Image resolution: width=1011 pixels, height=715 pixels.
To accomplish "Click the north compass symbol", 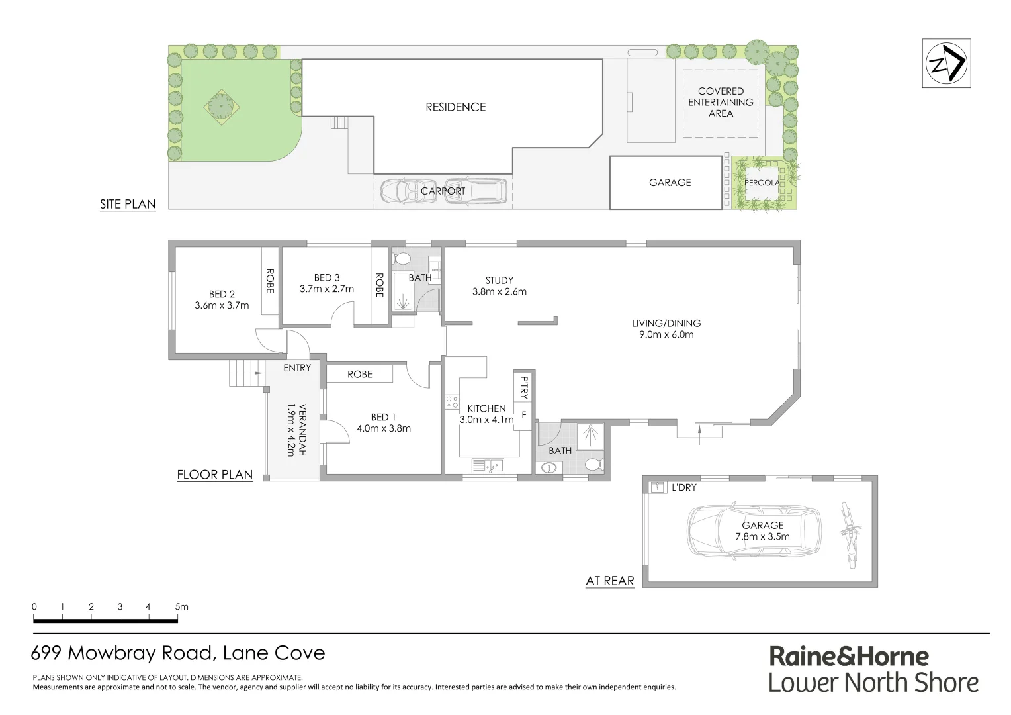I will click(946, 64).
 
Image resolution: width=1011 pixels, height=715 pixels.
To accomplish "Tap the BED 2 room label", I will click(222, 294).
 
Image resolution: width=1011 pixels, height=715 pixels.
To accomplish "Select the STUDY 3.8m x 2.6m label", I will click(499, 286).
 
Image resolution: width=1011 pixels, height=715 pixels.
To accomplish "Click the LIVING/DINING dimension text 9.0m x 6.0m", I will click(666, 335).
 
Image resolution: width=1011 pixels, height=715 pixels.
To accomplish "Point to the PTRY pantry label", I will click(524, 387).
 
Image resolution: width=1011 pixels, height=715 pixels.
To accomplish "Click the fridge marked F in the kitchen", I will click(523, 416).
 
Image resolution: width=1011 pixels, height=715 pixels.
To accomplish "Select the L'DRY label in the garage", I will click(683, 487).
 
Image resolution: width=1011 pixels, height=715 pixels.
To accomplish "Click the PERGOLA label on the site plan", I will click(762, 183).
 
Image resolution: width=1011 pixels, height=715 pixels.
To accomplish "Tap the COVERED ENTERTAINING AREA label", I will click(721, 102).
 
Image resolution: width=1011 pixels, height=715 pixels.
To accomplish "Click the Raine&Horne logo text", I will click(849, 657).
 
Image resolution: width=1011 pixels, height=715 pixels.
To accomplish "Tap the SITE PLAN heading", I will click(128, 204).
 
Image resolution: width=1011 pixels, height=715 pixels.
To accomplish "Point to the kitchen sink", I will click(488, 467).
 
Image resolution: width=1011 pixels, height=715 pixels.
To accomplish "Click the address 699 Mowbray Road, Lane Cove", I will click(179, 654).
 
